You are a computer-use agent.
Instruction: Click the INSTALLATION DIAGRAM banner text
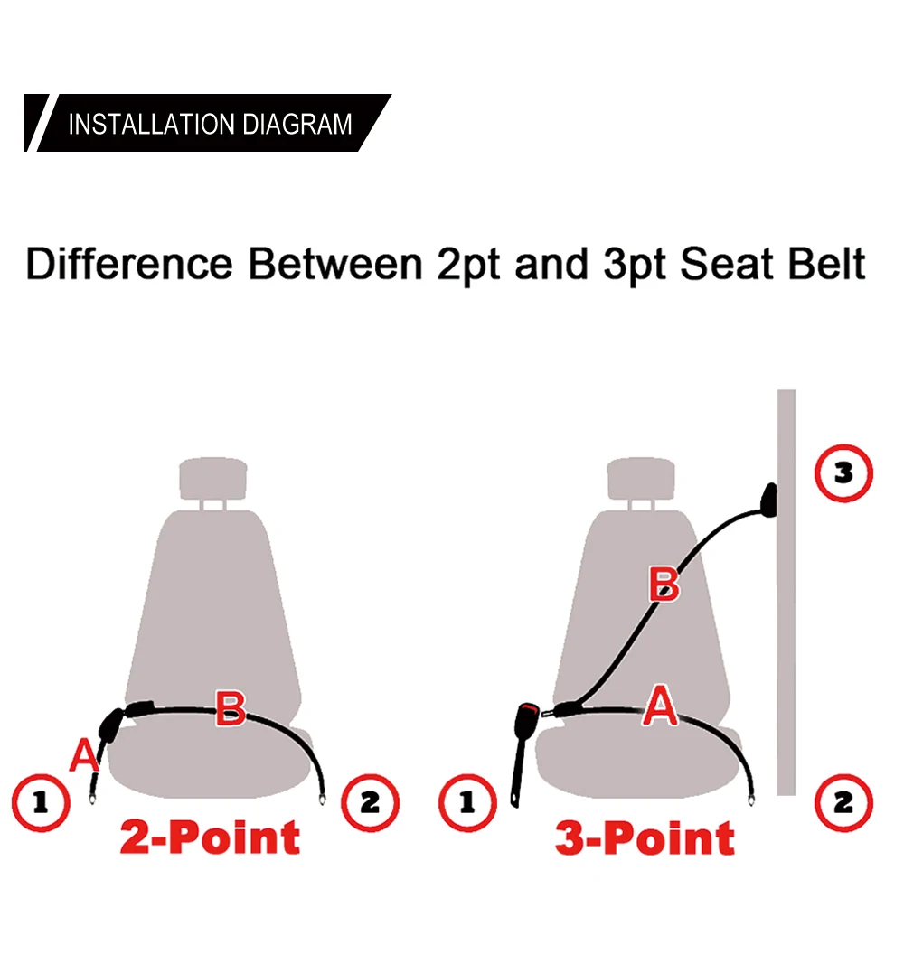point(210,124)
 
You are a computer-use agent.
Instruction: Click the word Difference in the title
point(129,264)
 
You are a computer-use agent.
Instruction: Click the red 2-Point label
point(210,837)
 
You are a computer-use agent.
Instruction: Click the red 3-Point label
point(645,837)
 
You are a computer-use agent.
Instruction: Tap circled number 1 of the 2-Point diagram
point(41,803)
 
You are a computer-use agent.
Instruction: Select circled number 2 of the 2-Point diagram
point(370,803)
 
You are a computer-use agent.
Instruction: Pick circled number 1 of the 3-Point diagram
point(467,803)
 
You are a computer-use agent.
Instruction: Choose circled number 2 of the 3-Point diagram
point(843,803)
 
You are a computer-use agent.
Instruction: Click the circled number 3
point(843,472)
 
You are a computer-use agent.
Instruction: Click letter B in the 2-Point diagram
point(231,707)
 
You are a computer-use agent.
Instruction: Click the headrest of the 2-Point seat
point(213,479)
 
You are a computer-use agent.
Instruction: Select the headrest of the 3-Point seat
point(641,479)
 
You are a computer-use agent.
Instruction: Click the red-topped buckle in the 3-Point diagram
point(524,754)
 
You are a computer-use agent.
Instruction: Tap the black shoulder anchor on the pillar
point(769,501)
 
